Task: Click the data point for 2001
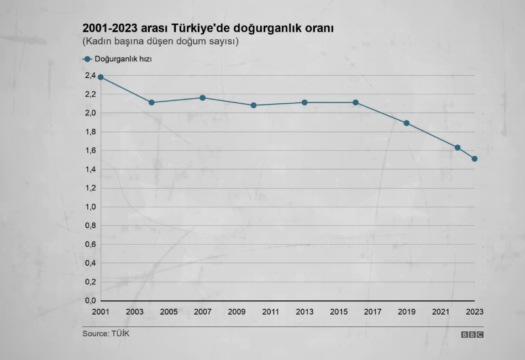tap(101, 77)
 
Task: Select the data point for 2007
tap(203, 98)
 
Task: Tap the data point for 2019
tap(407, 123)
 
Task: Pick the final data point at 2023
tap(475, 159)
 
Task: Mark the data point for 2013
tap(305, 102)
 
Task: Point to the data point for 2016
tap(356, 102)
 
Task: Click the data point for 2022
tap(458, 147)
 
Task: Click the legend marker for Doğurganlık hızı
tap(87, 59)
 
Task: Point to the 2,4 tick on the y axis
tap(90, 76)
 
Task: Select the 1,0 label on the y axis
tap(90, 207)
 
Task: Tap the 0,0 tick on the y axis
tap(90, 301)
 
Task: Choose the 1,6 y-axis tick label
tap(90, 151)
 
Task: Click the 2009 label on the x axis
tap(237, 312)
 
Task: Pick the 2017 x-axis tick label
tap(373, 312)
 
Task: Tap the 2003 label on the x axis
tap(135, 312)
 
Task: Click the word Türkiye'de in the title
tap(197, 28)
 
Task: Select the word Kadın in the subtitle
tap(99, 41)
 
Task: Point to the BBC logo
tap(473, 335)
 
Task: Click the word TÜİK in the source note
tap(121, 333)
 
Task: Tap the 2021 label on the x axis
tap(440, 312)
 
